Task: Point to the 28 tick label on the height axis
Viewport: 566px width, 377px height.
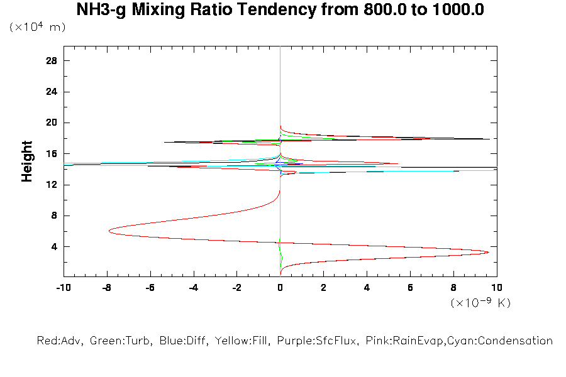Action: (x=52, y=61)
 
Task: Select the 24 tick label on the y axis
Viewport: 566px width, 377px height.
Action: (x=52, y=92)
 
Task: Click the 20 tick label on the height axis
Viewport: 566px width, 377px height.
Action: (x=52, y=123)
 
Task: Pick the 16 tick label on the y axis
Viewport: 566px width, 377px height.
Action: (x=52, y=154)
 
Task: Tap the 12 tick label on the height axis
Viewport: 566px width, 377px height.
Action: (x=52, y=185)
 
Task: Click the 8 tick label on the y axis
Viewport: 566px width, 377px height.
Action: (x=54, y=216)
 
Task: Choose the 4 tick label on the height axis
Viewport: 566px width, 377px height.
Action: (x=54, y=246)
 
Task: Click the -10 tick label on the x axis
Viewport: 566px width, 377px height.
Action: (x=63, y=287)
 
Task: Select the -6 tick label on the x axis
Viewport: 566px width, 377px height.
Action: (x=150, y=287)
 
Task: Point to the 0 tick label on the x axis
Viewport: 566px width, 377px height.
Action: (x=280, y=287)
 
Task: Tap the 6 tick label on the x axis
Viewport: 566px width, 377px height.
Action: (x=410, y=287)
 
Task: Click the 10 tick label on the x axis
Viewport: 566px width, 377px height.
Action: (x=496, y=287)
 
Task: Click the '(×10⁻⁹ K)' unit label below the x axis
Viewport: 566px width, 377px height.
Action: (x=480, y=303)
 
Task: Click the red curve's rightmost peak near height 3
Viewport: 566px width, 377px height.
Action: (x=488, y=252)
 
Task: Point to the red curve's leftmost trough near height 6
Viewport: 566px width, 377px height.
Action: (x=109, y=231)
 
